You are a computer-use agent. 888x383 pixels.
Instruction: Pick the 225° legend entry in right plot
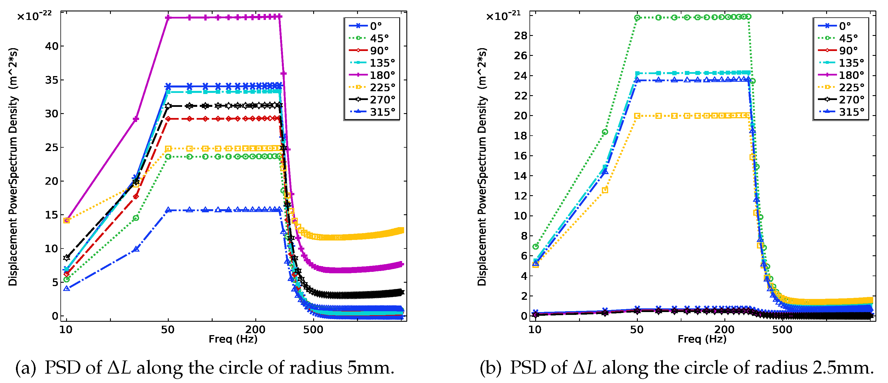(x=851, y=87)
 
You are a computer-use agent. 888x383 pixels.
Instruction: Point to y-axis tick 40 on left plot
(x=52, y=46)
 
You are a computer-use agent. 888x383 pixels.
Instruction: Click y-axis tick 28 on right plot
(x=521, y=36)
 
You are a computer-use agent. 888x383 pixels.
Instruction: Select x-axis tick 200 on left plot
(x=255, y=329)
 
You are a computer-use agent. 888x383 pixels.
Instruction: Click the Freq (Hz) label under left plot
(x=233, y=339)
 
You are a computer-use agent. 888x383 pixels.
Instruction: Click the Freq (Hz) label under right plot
(x=702, y=339)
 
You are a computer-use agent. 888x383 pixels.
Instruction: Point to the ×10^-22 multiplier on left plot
(x=34, y=15)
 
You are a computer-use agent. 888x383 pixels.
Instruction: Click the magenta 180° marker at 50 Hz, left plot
(x=168, y=18)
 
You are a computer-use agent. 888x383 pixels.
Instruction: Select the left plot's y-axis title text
(x=13, y=167)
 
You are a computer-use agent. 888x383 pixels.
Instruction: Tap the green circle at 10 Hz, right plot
(x=535, y=246)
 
